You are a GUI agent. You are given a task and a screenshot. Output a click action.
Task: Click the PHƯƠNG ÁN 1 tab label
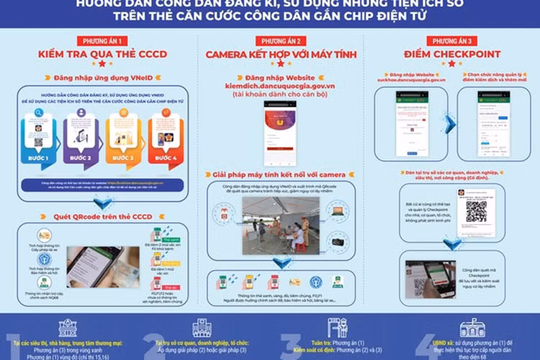click(x=102, y=41)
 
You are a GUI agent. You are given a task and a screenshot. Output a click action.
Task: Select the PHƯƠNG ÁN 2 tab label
click(x=283, y=41)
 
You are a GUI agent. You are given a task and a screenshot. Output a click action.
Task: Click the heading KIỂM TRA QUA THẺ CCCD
click(x=102, y=55)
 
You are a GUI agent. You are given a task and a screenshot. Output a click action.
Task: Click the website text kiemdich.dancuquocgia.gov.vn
click(x=282, y=85)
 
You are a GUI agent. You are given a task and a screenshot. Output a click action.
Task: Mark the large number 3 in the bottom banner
click(x=286, y=337)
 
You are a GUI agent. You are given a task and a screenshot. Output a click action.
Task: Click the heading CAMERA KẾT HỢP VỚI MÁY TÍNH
click(x=282, y=55)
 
